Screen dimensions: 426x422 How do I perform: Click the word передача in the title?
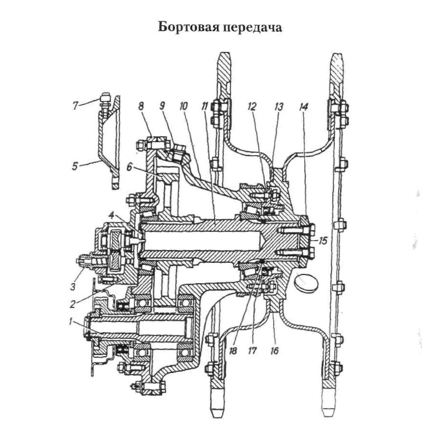[x=253, y=29]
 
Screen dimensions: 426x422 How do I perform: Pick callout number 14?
[x=304, y=106]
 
